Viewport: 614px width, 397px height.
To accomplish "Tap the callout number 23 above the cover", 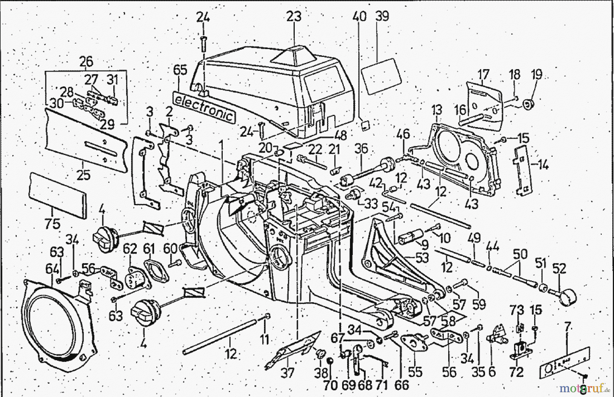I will pos(294,16).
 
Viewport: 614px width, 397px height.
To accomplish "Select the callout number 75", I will pos(52,224).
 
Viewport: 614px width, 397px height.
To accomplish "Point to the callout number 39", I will pos(382,16).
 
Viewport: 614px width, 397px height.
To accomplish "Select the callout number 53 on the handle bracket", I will pos(422,258).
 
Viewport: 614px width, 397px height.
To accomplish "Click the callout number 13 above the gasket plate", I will pos(436,110).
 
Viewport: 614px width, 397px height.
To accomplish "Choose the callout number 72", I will pos(516,372).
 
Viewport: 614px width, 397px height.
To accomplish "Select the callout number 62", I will pos(129,249).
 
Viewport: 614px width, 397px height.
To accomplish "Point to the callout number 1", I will pos(221,147).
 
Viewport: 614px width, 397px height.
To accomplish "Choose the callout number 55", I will pos(415,372).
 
